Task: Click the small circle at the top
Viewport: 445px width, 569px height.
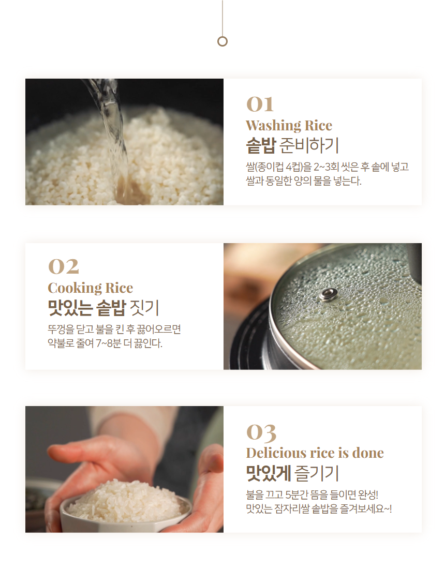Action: pos(222,41)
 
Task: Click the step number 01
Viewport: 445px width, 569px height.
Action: pos(260,104)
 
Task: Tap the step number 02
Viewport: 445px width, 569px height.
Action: pos(63,267)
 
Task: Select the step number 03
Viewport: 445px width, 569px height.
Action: pos(261,433)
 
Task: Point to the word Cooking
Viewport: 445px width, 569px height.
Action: pos(75,288)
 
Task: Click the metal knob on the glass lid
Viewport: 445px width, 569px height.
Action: pos(329,295)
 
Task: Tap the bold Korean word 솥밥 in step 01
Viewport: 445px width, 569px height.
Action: pos(261,145)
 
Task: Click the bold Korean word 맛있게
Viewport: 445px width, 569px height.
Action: pos(269,473)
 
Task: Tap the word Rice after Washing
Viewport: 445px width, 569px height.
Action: pos(318,126)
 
